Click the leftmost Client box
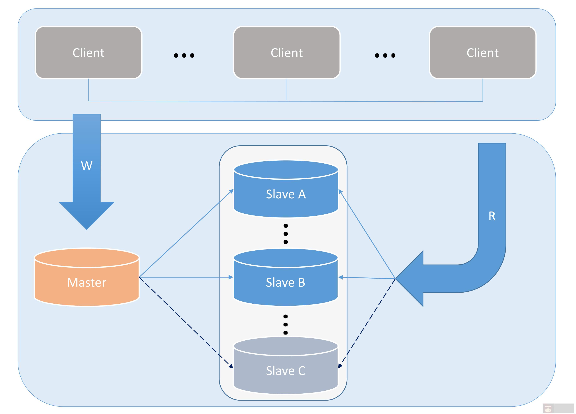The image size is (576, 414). coord(88,53)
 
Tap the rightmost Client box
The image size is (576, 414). coord(482,53)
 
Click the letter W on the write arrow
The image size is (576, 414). coord(87,166)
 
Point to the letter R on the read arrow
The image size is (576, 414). coord(492,216)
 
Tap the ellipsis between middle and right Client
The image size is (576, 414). coord(385,55)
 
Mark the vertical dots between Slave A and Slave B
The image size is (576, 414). coord(286,234)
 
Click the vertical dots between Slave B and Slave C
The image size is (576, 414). coord(286,324)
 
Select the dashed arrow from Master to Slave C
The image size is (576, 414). coord(185,322)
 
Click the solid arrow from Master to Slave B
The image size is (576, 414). coord(185,277)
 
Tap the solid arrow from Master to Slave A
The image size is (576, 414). coord(185,234)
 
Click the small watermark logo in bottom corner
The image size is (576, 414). coord(548,408)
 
